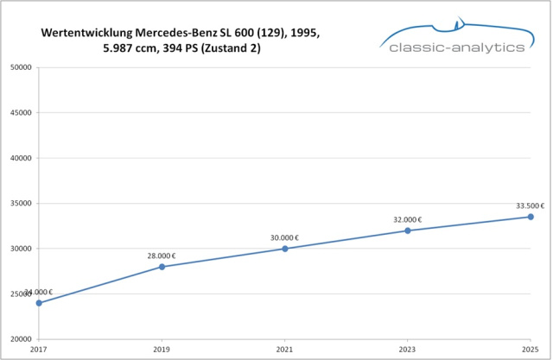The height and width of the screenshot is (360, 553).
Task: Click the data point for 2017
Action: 39,303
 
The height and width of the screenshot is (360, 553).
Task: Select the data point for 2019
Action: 162,267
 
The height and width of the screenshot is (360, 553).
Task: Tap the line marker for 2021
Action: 284,249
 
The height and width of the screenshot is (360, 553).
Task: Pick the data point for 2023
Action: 408,231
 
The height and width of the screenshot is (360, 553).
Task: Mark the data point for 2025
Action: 531,217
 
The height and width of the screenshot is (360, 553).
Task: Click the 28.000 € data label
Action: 162,256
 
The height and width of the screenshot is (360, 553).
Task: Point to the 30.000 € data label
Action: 284,237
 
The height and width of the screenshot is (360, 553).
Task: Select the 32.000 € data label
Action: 408,219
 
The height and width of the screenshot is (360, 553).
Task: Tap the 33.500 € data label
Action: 529,205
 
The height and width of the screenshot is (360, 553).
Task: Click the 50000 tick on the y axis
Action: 20,66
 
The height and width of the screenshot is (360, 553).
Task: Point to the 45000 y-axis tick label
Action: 20,112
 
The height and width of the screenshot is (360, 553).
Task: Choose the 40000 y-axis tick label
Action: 20,158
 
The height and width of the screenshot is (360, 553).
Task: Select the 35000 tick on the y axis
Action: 20,204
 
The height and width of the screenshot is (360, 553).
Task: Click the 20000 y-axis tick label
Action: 20,339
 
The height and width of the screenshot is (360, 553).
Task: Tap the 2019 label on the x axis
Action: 162,351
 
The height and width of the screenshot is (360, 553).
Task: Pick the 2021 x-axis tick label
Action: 284,351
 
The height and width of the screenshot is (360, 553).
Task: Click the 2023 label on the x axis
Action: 408,351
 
